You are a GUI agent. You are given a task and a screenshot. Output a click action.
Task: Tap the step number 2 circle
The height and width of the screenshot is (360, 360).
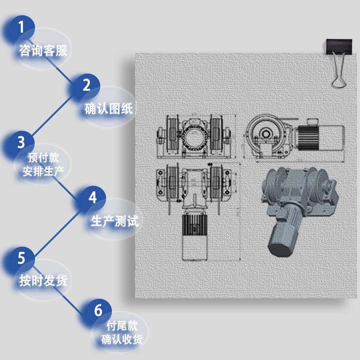tap(87, 85)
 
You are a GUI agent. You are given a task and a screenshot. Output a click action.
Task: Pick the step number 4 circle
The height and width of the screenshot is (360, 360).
tap(93, 198)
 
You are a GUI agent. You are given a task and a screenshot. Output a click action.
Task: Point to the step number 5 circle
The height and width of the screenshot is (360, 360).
tap(21, 258)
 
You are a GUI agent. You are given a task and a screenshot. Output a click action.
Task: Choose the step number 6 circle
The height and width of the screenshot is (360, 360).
tap(98, 311)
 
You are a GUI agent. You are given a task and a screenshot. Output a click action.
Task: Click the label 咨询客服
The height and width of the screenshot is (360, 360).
tap(43, 51)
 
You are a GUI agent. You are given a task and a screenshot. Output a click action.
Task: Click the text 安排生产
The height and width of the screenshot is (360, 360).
tap(43, 172)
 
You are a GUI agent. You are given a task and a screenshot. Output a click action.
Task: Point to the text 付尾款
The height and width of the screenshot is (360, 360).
tap(122, 325)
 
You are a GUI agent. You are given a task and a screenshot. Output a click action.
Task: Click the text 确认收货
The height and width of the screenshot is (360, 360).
tap(122, 340)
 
